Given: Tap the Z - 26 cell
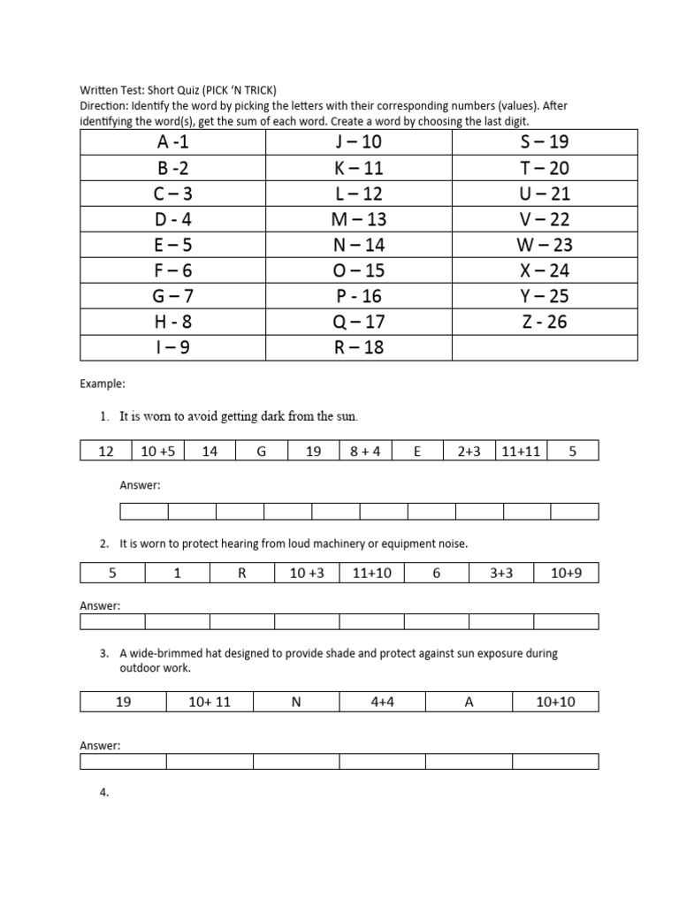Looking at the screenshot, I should tap(544, 322).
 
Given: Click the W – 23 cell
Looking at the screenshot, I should tap(544, 245).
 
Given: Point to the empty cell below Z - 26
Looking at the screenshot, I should tap(544, 347).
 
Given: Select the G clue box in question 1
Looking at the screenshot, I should tap(262, 452).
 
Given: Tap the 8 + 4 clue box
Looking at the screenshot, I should tap(365, 452).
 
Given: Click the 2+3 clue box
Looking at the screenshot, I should tap(469, 452).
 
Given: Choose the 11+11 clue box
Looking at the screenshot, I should tap(521, 452).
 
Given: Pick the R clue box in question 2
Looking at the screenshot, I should tap(241, 574).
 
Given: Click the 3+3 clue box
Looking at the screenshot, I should tap(501, 574).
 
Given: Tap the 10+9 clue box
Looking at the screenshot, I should tap(566, 574).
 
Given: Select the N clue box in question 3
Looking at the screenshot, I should tap(296, 703).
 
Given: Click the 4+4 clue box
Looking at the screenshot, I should tap(382, 703).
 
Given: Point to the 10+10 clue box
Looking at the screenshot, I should tap(555, 703).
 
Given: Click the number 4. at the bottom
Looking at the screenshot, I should tap(104, 793).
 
